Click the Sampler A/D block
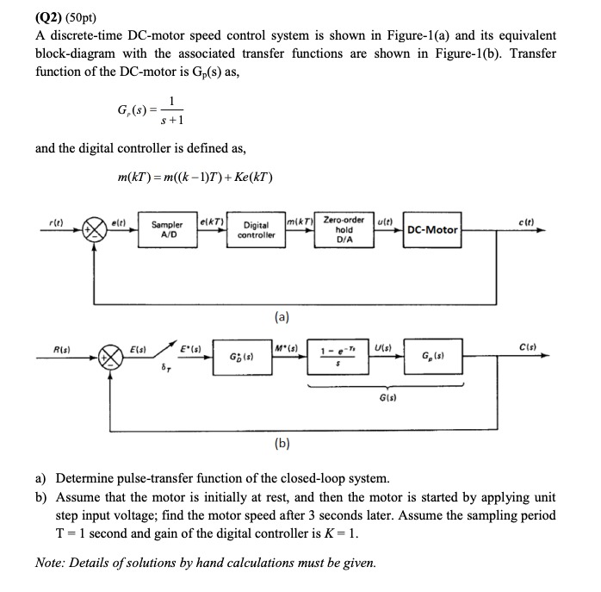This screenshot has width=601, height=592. click(167, 231)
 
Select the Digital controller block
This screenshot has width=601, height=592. click(256, 230)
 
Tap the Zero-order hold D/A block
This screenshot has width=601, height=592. click(344, 230)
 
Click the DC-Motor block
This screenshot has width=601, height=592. click(432, 230)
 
